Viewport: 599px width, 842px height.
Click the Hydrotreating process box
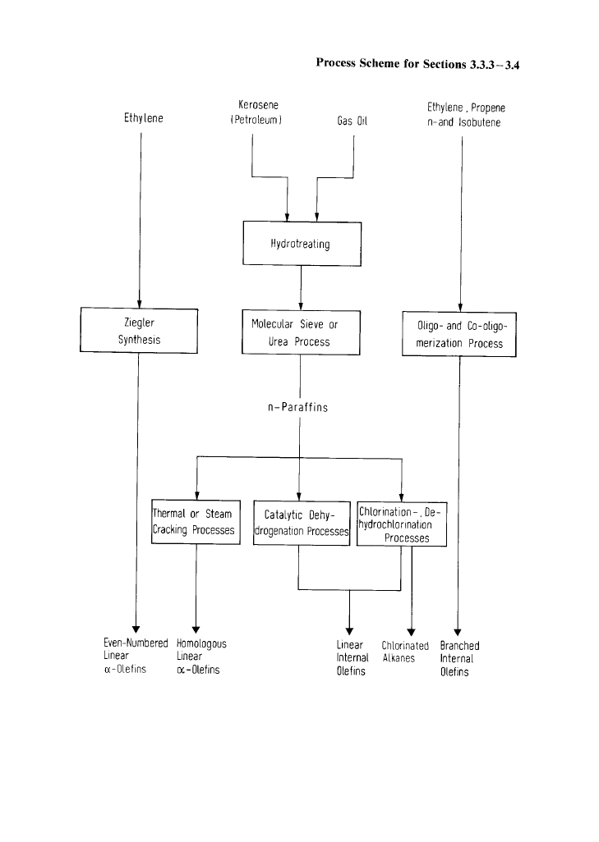tap(301, 244)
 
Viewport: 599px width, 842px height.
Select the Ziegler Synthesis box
tap(138, 331)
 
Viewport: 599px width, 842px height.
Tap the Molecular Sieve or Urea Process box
tap(300, 332)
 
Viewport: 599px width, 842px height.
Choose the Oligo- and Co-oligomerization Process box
tap(459, 335)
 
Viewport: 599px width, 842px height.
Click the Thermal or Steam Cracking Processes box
tap(196, 522)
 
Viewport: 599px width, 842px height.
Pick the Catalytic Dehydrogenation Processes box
tap(302, 523)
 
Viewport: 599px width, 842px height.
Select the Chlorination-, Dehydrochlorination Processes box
tap(401, 525)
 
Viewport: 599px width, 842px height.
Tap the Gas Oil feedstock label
tap(352, 121)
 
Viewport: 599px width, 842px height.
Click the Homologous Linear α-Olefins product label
tap(201, 657)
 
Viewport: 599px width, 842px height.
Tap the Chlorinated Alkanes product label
tap(405, 652)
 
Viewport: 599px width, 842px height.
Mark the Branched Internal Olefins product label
tap(459, 658)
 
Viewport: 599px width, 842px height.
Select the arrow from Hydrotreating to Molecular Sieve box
tap(301, 287)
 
